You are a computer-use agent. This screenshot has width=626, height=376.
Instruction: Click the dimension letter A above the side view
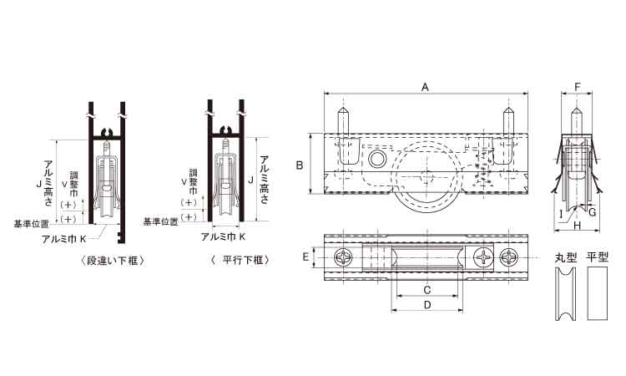point(425,87)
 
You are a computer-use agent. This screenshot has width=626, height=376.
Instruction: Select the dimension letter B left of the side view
point(300,165)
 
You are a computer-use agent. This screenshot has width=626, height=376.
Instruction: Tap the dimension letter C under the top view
point(427,290)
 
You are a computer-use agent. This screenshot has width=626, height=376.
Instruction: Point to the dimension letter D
point(427,305)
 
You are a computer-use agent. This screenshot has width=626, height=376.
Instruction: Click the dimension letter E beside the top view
point(305,257)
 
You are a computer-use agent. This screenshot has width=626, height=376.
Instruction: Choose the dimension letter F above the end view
point(578,87)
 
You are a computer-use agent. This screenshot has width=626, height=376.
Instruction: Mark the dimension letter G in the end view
point(592,212)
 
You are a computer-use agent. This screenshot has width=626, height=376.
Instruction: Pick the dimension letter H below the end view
point(578,226)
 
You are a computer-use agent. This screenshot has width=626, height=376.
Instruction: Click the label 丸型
point(566,257)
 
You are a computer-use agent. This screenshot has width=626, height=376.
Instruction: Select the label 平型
point(598,257)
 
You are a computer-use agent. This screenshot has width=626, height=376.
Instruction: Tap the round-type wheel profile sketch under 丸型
point(566,293)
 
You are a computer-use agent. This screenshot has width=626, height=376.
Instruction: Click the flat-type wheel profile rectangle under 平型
point(598,293)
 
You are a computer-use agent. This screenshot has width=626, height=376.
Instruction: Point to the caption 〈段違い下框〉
point(113,261)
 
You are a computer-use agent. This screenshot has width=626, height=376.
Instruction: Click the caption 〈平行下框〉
point(240,260)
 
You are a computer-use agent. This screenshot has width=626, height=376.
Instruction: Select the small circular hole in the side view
point(376,159)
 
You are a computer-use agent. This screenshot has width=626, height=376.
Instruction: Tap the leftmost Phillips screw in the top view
point(343,257)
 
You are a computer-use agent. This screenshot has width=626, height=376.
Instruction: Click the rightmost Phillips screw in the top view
point(509,257)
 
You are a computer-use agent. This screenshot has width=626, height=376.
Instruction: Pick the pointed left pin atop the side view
point(344,120)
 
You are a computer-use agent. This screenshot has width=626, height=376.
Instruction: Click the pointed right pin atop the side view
point(507,120)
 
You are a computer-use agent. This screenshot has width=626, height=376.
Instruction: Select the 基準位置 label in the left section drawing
point(31,224)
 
